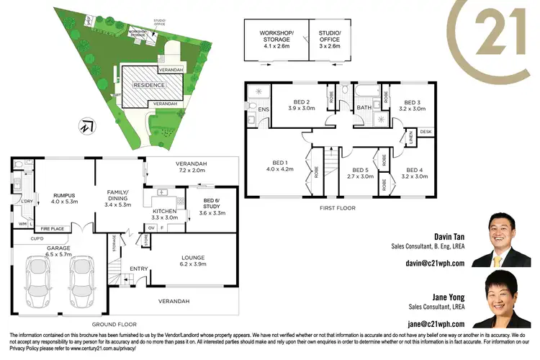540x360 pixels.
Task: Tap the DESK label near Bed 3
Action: (x=426, y=132)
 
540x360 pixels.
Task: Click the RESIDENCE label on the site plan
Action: (x=147, y=85)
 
